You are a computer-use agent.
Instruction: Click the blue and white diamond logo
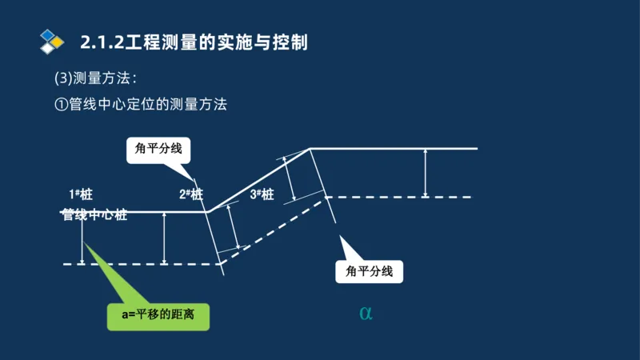52,41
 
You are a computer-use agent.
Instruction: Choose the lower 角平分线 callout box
369,271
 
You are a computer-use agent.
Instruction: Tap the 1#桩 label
81,194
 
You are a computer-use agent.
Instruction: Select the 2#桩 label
191,194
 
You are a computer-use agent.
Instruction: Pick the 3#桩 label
262,194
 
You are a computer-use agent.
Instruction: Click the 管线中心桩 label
94,215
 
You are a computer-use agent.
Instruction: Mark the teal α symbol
366,313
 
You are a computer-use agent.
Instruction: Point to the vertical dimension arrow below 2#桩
164,238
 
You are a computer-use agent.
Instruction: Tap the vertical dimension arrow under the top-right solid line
426,173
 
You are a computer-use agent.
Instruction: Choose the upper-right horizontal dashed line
400,197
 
